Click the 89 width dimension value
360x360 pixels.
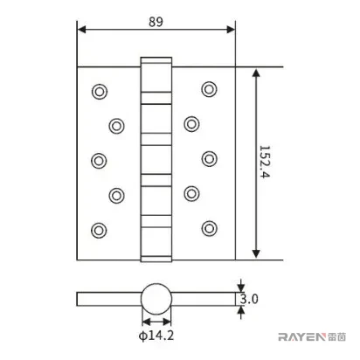coord(156,22)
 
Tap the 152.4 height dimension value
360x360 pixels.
coord(265,162)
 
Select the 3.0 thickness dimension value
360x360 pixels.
coord(249,299)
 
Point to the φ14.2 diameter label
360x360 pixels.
coord(156,336)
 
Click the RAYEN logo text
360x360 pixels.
coord(301,337)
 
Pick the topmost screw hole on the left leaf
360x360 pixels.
coord(100,92)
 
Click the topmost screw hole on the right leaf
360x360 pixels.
coord(209,89)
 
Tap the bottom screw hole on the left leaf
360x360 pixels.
coord(99,231)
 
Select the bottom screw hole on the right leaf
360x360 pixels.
coord(209,228)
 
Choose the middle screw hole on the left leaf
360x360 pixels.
coord(99,161)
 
